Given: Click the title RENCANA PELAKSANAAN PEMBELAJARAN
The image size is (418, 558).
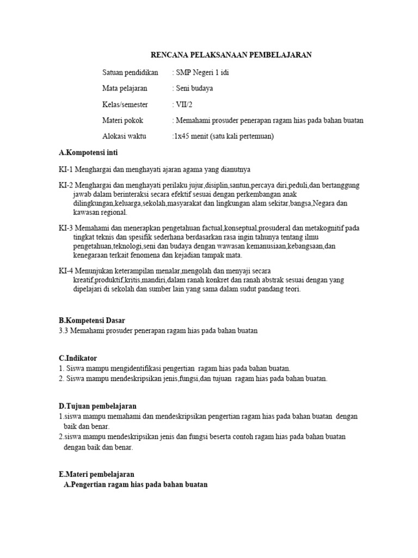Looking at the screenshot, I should pyautogui.click(x=231, y=55).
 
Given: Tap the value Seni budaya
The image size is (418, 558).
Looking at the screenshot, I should pyautogui.click(x=194, y=88).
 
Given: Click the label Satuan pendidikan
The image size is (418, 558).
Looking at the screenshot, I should pyautogui.click(x=130, y=72).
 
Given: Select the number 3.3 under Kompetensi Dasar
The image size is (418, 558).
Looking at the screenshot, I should pyautogui.click(x=64, y=330).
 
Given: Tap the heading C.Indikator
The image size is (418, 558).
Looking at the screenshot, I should pyautogui.click(x=78, y=358).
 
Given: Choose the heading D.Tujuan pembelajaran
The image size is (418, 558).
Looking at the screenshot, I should pyautogui.click(x=97, y=406).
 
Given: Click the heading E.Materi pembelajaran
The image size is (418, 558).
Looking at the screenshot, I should pyautogui.click(x=96, y=475).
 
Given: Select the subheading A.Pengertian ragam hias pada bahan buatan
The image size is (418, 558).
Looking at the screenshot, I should pyautogui.click(x=136, y=484).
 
